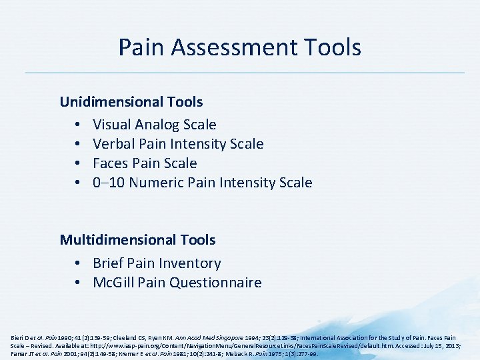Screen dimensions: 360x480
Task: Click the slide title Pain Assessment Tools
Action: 240,47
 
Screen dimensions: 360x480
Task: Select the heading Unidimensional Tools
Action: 131,102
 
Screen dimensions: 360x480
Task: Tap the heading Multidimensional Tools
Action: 137,239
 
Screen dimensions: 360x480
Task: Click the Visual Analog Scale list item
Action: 154,125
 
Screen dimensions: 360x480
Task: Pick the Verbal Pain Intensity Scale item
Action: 178,144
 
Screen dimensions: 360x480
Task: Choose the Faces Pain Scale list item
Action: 145,163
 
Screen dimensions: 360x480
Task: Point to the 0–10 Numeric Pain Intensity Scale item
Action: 202,183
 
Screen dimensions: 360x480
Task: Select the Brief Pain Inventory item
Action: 157,263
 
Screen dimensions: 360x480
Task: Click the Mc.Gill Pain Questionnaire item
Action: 177,283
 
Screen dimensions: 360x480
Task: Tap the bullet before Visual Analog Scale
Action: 78,125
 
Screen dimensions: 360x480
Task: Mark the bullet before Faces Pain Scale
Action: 78,163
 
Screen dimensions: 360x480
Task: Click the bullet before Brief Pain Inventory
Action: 78,263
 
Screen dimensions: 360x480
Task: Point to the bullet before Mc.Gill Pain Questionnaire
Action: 78,283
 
